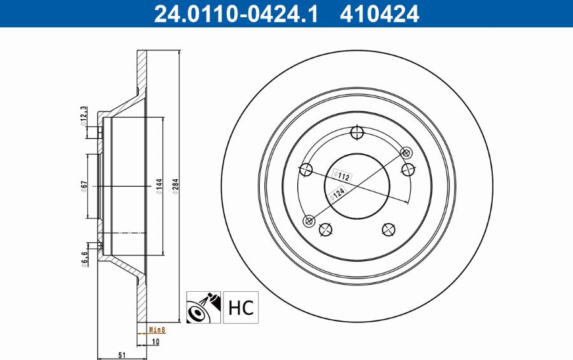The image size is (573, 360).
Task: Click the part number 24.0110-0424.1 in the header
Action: click(235, 13)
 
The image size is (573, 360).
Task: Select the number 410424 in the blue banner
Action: click(379, 13)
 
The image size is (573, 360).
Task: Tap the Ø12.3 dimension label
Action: click(83, 117)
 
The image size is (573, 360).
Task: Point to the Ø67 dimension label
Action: click(83, 185)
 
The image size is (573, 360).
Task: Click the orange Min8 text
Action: click(157, 329)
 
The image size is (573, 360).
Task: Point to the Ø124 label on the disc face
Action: click(337, 193)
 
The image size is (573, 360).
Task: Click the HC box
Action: click(240, 307)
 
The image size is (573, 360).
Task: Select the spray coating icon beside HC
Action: click(204, 307)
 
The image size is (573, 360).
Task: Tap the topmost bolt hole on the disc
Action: click(357, 133)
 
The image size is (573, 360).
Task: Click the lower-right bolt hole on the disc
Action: click(388, 229)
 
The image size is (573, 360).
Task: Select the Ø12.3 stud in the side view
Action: click(99, 132)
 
